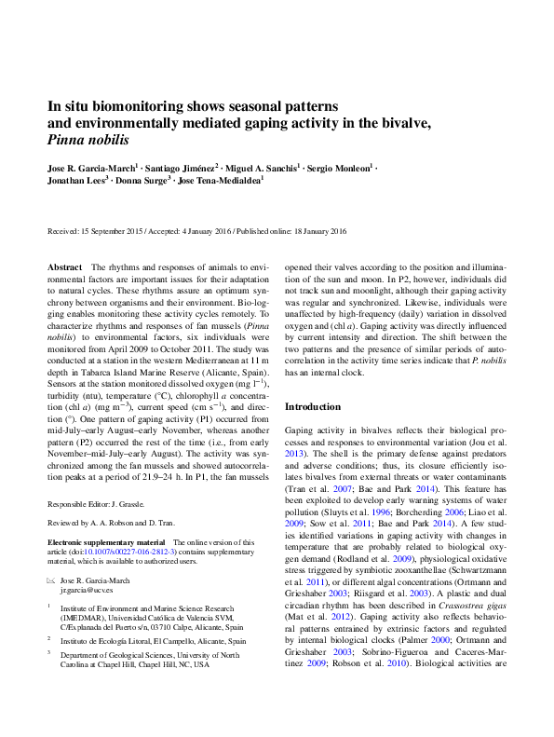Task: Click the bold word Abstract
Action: tap(64, 267)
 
